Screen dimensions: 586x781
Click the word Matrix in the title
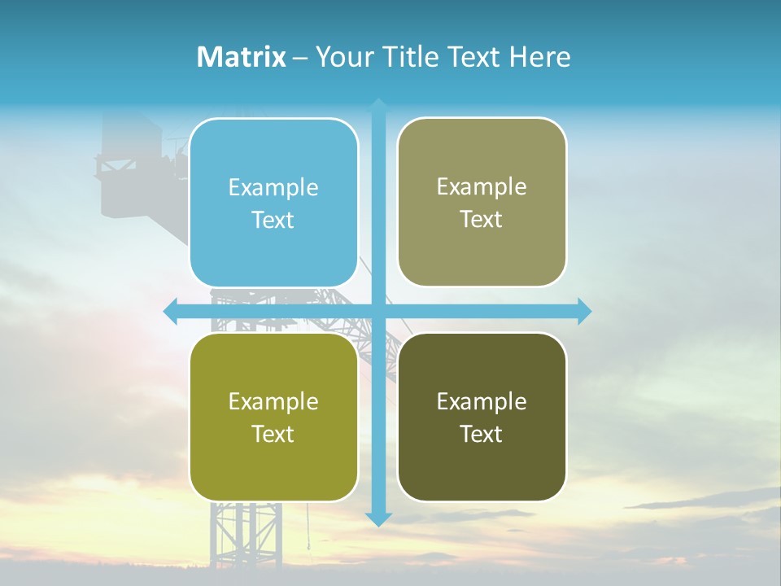point(242,57)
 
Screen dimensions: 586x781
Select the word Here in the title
point(540,57)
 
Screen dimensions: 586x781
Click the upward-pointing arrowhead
point(378,105)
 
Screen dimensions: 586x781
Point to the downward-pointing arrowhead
point(378,518)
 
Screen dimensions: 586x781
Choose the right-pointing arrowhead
point(584,311)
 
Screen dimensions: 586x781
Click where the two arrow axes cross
point(378,311)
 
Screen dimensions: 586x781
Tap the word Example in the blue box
point(273,188)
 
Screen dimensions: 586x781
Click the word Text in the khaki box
point(482,220)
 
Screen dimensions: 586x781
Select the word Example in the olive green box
point(273,401)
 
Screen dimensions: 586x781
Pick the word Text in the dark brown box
point(482,434)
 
